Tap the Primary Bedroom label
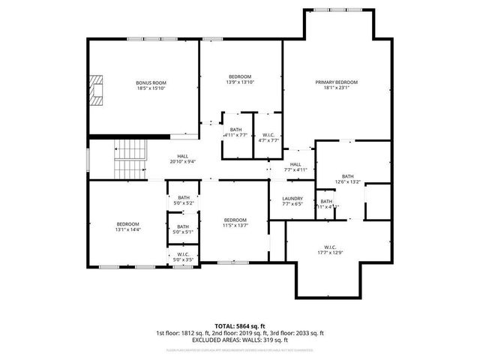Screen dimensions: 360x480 335,82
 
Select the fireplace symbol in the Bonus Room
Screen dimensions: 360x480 96,91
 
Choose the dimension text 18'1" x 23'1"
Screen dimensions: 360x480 335,88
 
